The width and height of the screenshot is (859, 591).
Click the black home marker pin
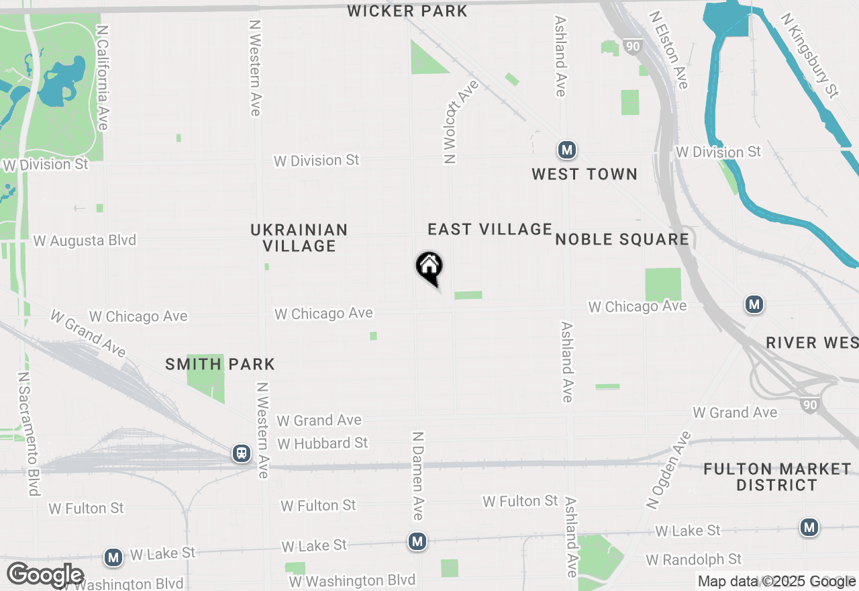click(429, 267)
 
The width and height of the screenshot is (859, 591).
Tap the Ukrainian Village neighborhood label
click(299, 238)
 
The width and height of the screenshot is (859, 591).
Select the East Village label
click(490, 230)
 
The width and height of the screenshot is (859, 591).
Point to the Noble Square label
click(622, 240)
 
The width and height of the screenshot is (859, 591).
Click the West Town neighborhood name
click(584, 175)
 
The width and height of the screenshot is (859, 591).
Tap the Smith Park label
click(220, 365)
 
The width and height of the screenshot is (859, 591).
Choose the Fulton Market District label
click(777, 477)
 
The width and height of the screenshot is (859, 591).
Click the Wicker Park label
click(407, 11)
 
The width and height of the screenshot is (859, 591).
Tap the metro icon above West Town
click(567, 149)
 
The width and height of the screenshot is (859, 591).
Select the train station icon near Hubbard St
click(241, 453)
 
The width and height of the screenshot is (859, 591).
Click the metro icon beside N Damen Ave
click(417, 541)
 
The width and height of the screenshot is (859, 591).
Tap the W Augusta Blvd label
click(85, 240)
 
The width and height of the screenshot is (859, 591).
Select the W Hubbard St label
click(323, 443)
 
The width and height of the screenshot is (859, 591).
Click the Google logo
click(45, 576)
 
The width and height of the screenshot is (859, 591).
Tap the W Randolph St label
click(694, 559)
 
